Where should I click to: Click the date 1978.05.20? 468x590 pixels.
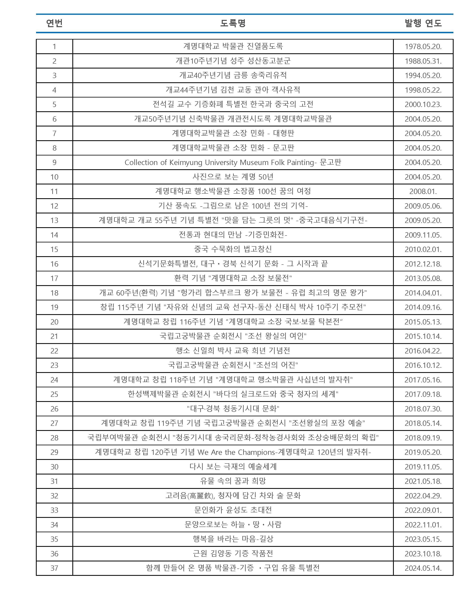point(423,47)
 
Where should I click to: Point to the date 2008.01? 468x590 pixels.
point(423,191)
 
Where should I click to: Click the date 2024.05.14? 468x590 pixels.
point(423,568)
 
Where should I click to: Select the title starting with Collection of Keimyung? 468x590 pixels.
point(233,162)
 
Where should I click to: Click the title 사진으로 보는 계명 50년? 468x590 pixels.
point(233,177)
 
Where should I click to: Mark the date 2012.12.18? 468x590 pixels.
point(423,264)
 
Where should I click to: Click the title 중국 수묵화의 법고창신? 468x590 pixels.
point(233,249)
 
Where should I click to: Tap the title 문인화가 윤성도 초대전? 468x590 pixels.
point(233,510)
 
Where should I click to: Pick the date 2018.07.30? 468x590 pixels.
point(423,409)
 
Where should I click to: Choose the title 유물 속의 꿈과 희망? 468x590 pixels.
point(233,481)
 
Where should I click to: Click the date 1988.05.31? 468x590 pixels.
point(423,61)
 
